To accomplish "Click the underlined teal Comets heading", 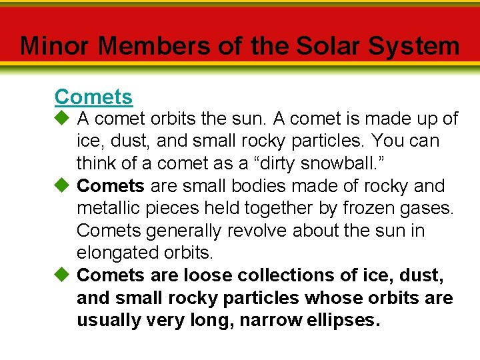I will [x=93, y=97].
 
